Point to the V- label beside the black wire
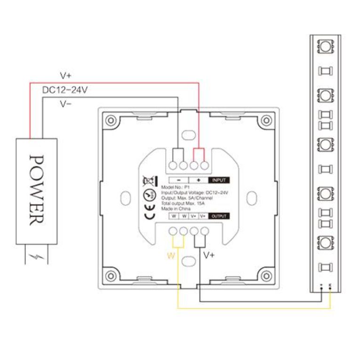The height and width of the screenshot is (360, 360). (x=65, y=104)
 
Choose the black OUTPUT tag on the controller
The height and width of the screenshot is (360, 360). (x=219, y=216)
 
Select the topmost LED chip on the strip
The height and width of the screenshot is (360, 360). (x=325, y=46)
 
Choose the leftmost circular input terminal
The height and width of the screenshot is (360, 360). (x=173, y=165)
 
